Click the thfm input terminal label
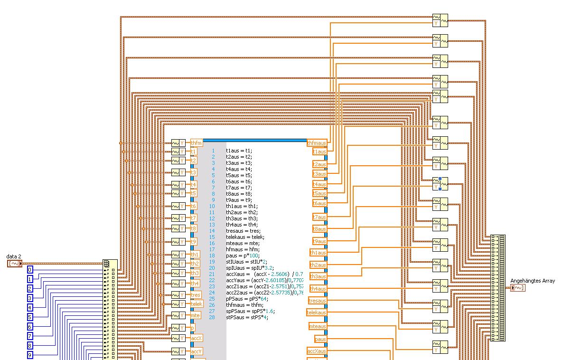pyautogui.click(x=196, y=143)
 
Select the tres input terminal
pyautogui.click(x=196, y=295)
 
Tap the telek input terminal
pyautogui.click(x=197, y=304)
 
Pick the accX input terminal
pyautogui.click(x=197, y=338)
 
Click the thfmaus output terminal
pyautogui.click(x=317, y=143)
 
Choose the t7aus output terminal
pyautogui.click(x=319, y=217)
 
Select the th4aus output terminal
pyautogui.click(x=318, y=289)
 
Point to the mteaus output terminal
pyautogui.click(x=318, y=326)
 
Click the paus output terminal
pyautogui.click(x=320, y=339)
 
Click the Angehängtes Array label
pyautogui.click(x=532, y=281)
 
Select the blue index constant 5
pyautogui.click(x=30, y=317)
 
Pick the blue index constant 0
pyautogui.click(x=30, y=270)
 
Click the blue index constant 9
pyautogui.click(x=30, y=355)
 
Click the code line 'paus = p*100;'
pyautogui.click(x=243, y=256)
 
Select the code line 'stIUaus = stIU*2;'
pyautogui.click(x=246, y=262)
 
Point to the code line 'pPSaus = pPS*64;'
pyautogui.click(x=247, y=299)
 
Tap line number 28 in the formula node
pyautogui.click(x=212, y=317)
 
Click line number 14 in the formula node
pyautogui.click(x=212, y=231)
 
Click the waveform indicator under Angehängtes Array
pyautogui.click(x=518, y=288)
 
